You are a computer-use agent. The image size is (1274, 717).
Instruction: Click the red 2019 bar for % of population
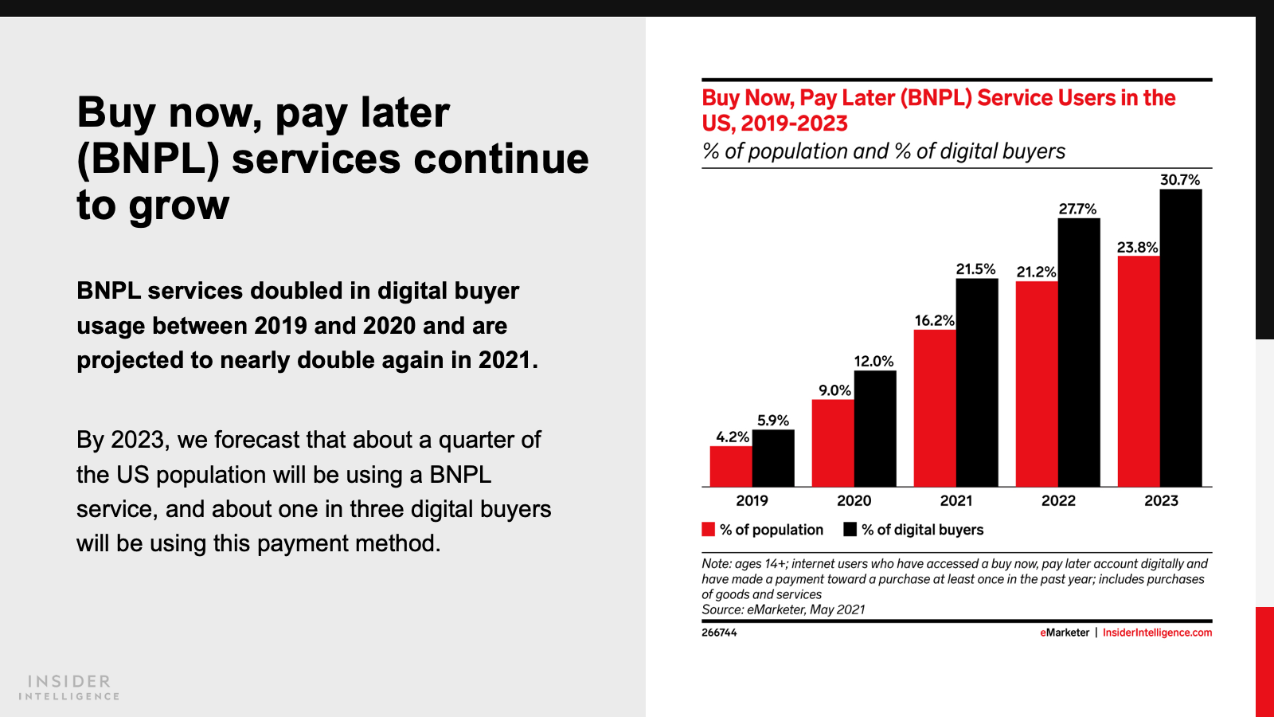(731, 466)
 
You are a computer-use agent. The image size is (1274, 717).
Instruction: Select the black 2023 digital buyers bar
(1181, 338)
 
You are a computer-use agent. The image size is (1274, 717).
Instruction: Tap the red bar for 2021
(935, 408)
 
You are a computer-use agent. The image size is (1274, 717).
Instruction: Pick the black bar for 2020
(875, 429)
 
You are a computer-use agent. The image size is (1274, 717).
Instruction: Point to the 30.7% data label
(1180, 180)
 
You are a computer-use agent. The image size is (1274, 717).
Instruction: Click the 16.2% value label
(934, 320)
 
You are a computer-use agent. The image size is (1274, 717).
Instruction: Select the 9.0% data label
(834, 390)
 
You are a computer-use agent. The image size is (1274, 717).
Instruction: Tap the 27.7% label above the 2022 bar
(1077, 209)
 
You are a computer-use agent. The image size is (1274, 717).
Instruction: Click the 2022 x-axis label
(1058, 500)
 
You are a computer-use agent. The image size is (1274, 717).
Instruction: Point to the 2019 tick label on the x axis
(752, 500)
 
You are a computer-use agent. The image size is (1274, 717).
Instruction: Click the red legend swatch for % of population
(708, 530)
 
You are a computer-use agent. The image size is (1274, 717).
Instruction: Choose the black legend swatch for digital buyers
(850, 530)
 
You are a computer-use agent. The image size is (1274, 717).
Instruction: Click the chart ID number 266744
(719, 633)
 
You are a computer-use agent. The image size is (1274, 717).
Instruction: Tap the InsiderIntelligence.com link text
(1157, 633)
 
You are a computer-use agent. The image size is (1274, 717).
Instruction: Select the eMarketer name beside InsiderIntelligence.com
(1065, 633)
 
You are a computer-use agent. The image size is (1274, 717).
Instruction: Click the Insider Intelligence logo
(69, 687)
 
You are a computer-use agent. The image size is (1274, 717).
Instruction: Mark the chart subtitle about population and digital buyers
(883, 151)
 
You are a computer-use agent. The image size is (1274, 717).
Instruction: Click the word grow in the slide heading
(179, 206)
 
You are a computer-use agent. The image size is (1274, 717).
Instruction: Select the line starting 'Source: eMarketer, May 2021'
(783, 609)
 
